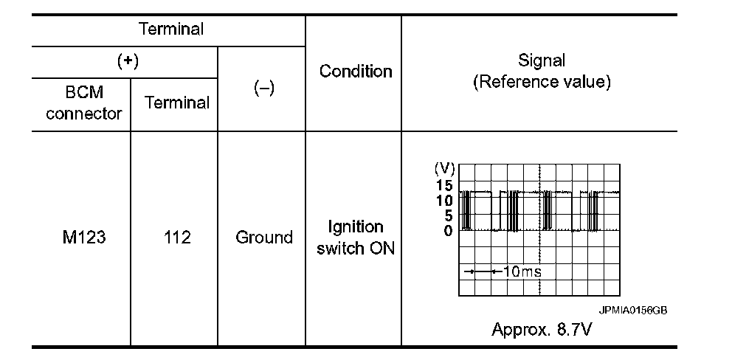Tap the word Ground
(263, 238)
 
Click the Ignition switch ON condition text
(356, 238)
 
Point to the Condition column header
(355, 72)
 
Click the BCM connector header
(83, 103)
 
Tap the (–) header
(263, 88)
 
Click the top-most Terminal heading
(170, 30)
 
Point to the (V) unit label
(446, 169)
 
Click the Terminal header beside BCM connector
(176, 103)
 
